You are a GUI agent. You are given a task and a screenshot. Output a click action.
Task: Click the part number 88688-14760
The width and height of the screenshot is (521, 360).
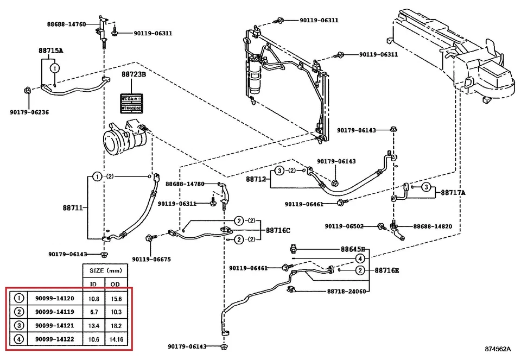click(66, 24)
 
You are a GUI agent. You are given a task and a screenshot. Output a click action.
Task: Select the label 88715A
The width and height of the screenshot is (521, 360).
click(50, 50)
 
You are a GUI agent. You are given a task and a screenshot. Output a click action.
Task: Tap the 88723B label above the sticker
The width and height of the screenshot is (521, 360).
click(134, 74)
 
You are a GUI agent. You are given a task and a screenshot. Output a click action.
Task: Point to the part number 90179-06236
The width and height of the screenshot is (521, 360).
click(29, 112)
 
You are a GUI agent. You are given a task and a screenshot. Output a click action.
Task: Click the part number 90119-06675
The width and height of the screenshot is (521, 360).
click(151, 259)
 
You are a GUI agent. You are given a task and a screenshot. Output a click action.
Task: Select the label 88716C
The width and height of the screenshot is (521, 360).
click(278, 230)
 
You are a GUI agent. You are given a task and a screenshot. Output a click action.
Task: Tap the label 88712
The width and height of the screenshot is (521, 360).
click(256, 179)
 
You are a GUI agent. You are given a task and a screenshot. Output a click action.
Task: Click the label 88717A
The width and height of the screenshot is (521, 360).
click(454, 192)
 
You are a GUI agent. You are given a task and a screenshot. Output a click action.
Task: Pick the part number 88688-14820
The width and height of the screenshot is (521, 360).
click(433, 226)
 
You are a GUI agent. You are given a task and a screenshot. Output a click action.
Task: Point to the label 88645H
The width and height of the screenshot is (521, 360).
click(353, 249)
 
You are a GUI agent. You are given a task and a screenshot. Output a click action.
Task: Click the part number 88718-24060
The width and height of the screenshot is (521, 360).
click(346, 291)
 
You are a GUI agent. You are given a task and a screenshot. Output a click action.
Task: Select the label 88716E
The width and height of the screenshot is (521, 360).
click(386, 270)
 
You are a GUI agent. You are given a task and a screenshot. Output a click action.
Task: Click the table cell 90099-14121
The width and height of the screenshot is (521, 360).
click(54, 325)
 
